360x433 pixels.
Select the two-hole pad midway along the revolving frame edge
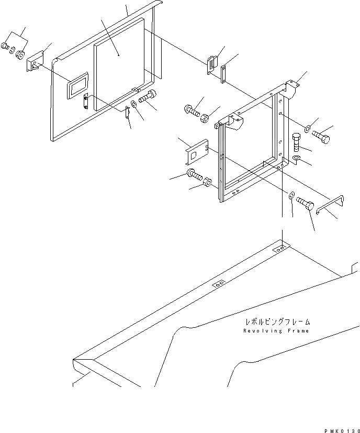219,283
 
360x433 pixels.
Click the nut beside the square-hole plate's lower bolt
207,184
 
